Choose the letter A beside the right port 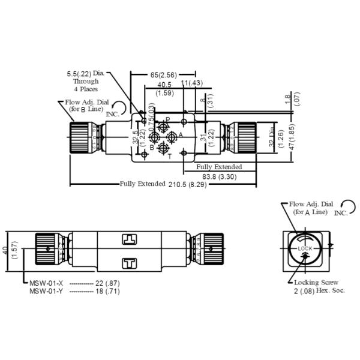tap(181, 136)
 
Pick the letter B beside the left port tap(152, 147)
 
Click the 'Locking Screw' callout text tap(316, 282)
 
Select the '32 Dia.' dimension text tap(271, 137)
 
